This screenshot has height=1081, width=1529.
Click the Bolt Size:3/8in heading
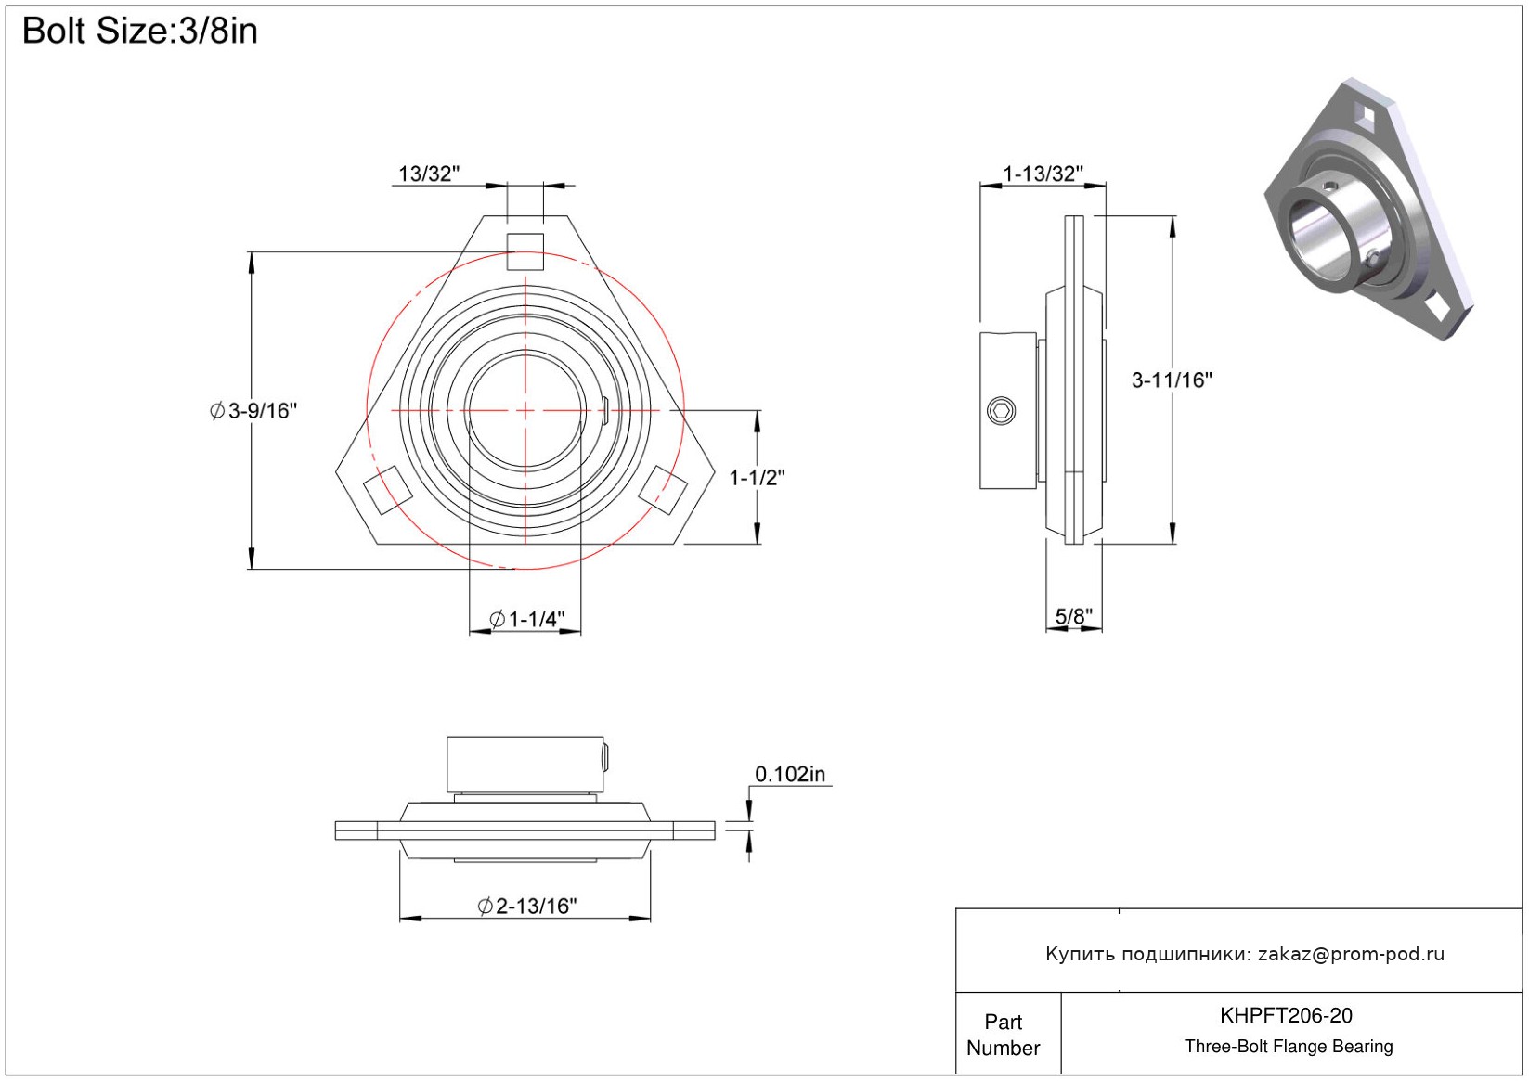(139, 32)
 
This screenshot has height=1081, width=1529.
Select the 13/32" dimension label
(428, 174)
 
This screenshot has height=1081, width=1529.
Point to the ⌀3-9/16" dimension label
(253, 410)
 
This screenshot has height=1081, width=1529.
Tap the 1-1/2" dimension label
(757, 478)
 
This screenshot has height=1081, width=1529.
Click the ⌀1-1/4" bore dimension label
(526, 619)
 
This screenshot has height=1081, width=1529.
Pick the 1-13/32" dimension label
(1043, 174)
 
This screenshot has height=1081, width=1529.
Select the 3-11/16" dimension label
(1172, 380)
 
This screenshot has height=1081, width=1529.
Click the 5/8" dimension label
(1073, 616)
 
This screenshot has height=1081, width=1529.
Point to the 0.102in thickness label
(789, 774)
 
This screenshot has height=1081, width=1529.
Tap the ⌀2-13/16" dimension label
(526, 906)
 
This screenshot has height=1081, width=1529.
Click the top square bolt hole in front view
(525, 251)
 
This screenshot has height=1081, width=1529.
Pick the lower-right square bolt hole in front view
(665, 490)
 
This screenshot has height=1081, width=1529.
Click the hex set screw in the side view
(1002, 410)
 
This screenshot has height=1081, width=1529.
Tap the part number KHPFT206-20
(1286, 1015)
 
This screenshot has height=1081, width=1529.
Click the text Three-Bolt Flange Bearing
(1289, 1047)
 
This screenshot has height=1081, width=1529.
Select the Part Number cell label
(1003, 1035)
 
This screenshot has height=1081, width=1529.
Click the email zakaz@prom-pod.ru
(1351, 954)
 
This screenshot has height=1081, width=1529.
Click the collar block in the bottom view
(525, 765)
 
